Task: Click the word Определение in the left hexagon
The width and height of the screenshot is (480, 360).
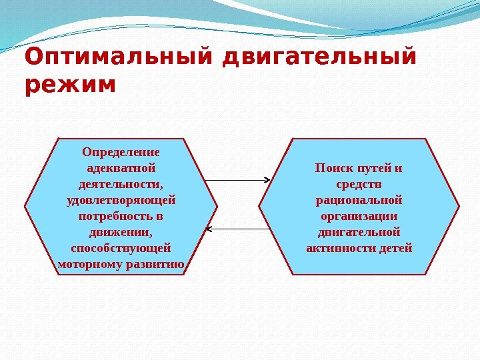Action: (x=121, y=151)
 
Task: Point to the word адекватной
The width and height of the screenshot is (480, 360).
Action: (x=121, y=167)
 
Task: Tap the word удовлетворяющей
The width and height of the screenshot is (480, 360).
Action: (x=121, y=199)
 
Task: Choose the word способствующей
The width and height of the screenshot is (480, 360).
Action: (x=121, y=248)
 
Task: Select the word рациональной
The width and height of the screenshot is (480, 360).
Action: (x=359, y=199)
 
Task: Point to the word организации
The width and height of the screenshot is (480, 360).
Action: (x=359, y=216)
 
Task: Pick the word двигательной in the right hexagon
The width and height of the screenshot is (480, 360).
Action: (x=359, y=232)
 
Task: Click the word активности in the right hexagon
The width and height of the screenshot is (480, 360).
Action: (x=340, y=248)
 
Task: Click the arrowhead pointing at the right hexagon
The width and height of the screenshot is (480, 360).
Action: (x=266, y=180)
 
